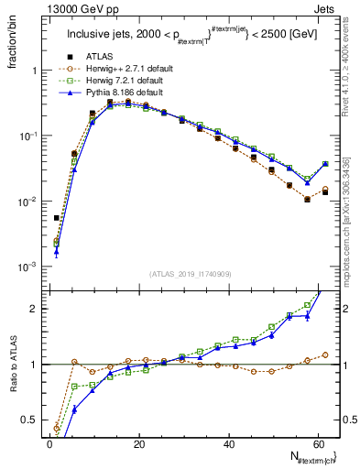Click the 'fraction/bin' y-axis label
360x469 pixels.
tap(16, 47)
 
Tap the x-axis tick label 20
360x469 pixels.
tap(138, 442)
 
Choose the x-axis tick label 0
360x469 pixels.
tap(49, 442)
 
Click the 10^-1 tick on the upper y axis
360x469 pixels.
tap(30, 136)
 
